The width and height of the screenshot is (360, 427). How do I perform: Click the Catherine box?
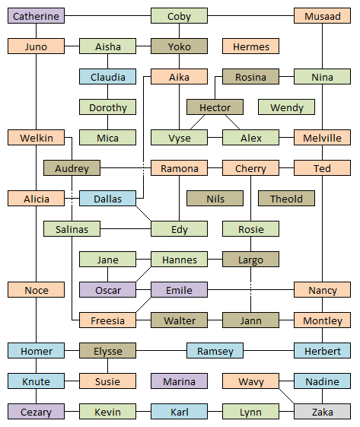click(36, 16)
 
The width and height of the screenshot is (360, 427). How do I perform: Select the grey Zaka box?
click(322, 412)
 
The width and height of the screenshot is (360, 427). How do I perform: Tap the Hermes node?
click(250, 46)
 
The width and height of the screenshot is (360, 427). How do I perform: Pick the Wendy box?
click(286, 107)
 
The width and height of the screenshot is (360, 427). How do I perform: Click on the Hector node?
click(215, 107)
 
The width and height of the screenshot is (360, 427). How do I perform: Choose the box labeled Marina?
click(179, 381)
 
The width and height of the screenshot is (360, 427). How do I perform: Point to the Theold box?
click(286, 198)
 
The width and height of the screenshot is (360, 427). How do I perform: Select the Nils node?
click(215, 198)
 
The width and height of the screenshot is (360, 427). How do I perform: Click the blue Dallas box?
click(107, 198)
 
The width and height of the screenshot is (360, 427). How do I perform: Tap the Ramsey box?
click(215, 350)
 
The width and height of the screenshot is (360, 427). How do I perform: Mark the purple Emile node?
click(179, 290)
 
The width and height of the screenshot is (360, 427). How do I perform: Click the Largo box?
click(250, 260)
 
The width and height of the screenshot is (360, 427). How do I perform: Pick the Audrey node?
click(72, 168)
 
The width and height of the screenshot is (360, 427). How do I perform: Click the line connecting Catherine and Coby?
click(107, 16)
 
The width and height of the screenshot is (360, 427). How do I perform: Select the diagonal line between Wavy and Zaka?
click(286, 397)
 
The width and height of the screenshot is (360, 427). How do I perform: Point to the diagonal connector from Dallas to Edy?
click(144, 213)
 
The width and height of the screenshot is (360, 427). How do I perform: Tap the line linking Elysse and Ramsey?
click(161, 350)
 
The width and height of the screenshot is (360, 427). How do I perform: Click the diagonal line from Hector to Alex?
click(233, 123)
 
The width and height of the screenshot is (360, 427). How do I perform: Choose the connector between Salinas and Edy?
click(126, 229)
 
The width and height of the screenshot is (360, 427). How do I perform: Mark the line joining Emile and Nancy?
click(250, 290)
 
